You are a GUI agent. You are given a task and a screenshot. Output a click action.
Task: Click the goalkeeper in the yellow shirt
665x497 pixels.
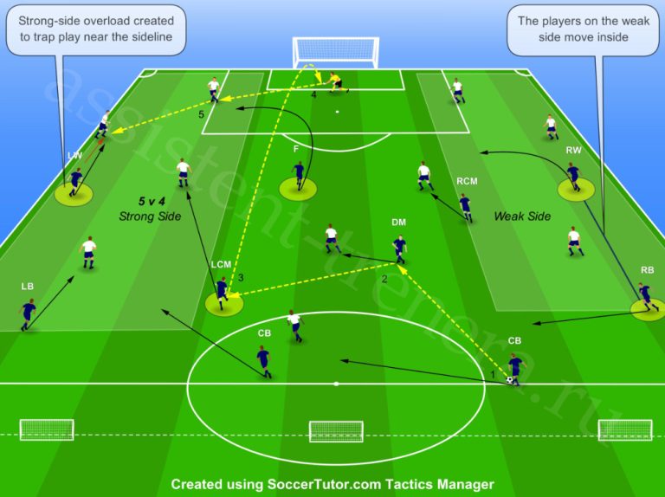click(x=334, y=82)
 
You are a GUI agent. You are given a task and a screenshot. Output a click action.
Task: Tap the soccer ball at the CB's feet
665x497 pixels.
click(x=509, y=380)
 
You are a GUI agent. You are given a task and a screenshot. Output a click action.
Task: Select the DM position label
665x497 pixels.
click(x=398, y=223)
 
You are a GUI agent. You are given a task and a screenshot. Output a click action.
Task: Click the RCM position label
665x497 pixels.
click(x=467, y=182)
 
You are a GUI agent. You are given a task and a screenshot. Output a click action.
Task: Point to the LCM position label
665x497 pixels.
click(x=221, y=265)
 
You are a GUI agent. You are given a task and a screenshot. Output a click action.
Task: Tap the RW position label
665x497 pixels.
click(x=573, y=150)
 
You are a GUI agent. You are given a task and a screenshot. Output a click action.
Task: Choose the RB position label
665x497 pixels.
click(x=647, y=270)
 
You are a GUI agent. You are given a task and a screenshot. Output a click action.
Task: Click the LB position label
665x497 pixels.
click(x=27, y=287)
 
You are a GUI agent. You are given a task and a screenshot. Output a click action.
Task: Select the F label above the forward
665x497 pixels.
click(x=296, y=149)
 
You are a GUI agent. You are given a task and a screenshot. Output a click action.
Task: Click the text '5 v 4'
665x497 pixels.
click(x=152, y=201)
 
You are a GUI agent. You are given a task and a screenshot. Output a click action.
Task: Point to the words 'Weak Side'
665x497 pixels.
click(x=522, y=216)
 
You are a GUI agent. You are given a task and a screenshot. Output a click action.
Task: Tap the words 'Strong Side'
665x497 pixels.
click(x=150, y=216)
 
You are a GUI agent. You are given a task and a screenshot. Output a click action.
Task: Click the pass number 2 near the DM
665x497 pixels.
click(x=384, y=279)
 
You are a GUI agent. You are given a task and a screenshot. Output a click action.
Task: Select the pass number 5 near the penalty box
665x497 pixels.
click(x=202, y=114)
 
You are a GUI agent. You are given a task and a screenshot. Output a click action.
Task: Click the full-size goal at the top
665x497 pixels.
click(x=335, y=53)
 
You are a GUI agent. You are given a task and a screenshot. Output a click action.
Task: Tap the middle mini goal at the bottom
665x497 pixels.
click(x=336, y=431)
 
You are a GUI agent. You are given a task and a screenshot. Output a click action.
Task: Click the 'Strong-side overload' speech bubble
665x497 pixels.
click(x=96, y=29)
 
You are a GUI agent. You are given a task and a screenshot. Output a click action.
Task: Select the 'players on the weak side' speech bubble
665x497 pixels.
click(x=583, y=29)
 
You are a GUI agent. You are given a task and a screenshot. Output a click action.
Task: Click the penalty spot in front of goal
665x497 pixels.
click(x=337, y=112)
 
